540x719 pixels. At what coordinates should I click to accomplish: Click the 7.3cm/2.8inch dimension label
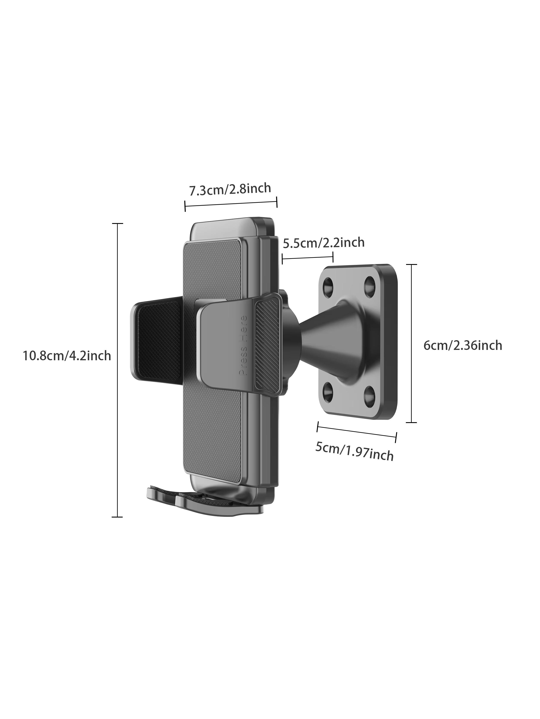[230, 189]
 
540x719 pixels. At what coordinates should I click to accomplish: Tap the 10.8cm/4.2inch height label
[67, 356]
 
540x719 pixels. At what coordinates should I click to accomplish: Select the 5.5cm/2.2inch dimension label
[324, 242]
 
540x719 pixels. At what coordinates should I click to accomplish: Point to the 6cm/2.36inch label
[462, 345]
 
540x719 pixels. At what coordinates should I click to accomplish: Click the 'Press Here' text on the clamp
[243, 346]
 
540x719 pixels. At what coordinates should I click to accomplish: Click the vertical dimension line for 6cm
[411, 343]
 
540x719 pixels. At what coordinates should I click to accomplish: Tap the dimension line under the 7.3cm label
[231, 204]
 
